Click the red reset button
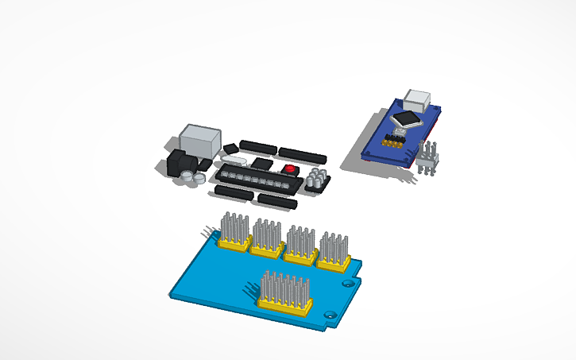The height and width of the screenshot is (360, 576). point(290,169)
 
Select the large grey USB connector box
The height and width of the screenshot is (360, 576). point(199,141)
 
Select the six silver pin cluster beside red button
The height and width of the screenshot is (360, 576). point(318,178)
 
